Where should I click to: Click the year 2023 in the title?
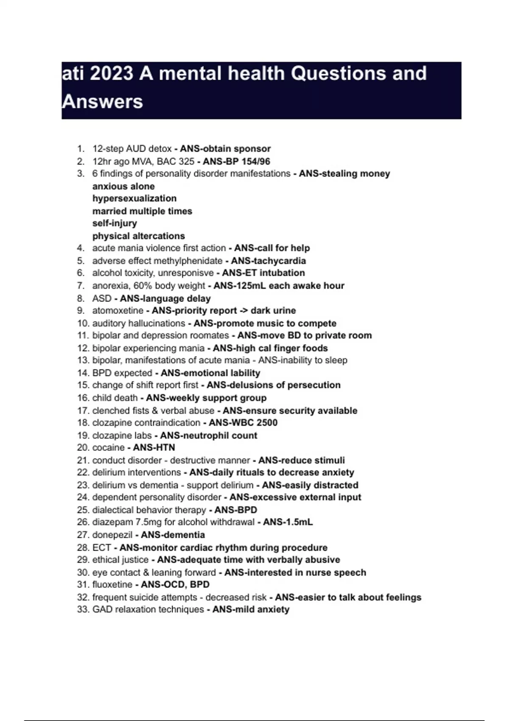(111, 73)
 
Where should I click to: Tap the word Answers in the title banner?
(102, 102)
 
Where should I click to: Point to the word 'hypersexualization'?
(134, 198)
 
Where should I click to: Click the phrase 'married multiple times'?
(142, 211)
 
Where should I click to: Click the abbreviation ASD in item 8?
(102, 299)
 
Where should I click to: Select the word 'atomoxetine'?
(117, 310)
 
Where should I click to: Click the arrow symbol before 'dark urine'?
(244, 310)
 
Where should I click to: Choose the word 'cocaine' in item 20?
(108, 447)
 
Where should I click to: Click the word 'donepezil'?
(112, 535)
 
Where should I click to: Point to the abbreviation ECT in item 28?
(102, 548)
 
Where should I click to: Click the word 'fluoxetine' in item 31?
(112, 584)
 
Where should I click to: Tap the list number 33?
(83, 609)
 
